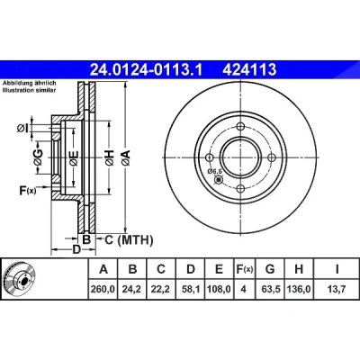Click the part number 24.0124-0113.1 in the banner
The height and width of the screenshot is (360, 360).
147,70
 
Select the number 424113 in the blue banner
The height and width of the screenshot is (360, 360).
249,70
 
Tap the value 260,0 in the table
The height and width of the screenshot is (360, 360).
103,289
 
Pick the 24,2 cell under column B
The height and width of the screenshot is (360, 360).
132,289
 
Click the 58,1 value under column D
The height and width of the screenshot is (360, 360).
191,289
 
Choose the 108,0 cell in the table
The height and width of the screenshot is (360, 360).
219,289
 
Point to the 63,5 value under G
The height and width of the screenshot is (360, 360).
270,289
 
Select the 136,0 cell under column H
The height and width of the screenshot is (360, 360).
299,289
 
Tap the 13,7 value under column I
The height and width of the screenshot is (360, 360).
337,289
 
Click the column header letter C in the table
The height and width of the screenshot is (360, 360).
161,269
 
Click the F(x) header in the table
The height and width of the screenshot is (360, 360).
244,269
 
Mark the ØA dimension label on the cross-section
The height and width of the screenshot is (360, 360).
126,157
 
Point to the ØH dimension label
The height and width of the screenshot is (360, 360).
109,157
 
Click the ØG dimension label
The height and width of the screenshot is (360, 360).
38,157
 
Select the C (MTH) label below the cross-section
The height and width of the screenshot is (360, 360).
129,239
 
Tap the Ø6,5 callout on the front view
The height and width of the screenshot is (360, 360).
214,171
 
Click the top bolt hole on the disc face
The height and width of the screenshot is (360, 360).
240,126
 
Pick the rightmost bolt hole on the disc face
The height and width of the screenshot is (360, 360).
272,157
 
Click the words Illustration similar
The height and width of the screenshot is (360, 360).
29,90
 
